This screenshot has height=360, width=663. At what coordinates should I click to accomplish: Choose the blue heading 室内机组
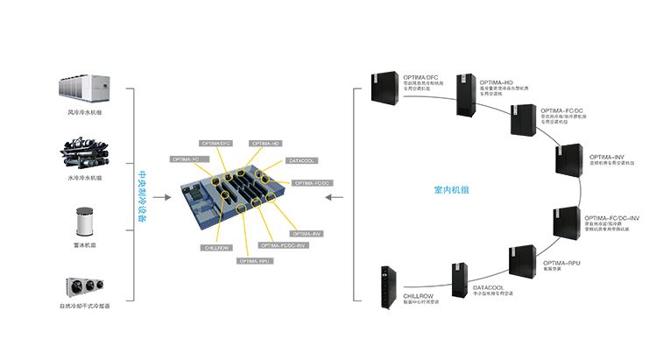click(x=452, y=189)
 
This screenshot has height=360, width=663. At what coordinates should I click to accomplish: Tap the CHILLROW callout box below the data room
click(x=216, y=248)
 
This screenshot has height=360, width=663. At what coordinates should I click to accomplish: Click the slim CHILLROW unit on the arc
click(x=384, y=288)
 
